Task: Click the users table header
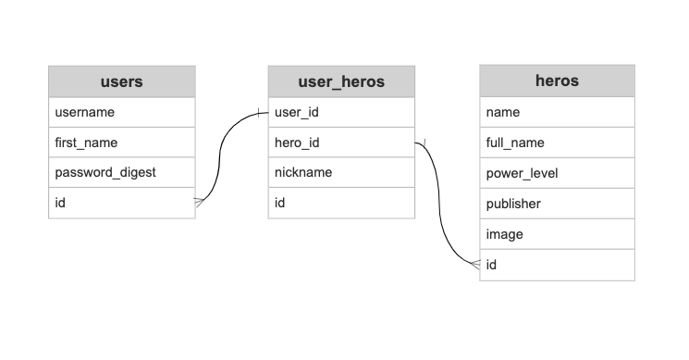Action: coord(121,81)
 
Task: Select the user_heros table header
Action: coord(341,81)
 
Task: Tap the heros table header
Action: coord(557,81)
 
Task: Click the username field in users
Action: coord(121,112)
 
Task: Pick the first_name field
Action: coord(121,143)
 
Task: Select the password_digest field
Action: coord(121,172)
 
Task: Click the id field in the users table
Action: coord(121,203)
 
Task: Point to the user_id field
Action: coord(341,112)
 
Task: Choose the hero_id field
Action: coord(341,143)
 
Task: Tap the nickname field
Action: coord(341,172)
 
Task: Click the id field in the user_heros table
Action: coord(341,203)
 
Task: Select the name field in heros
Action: coord(557,112)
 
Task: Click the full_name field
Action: coord(557,143)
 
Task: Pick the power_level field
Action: coord(557,173)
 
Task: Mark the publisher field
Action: coord(557,204)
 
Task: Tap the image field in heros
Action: coord(557,234)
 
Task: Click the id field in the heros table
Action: coord(557,265)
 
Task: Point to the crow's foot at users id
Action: coord(199,200)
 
